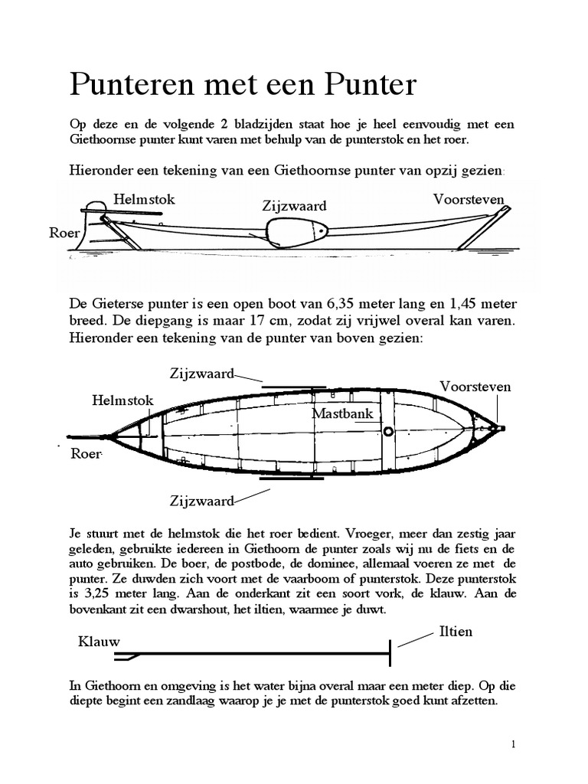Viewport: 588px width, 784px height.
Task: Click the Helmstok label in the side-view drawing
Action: [144, 200]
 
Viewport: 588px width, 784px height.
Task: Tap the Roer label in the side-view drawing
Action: [64, 233]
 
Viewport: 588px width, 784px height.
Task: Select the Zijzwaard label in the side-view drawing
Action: [295, 206]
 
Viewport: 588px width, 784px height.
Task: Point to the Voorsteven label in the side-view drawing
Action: [469, 200]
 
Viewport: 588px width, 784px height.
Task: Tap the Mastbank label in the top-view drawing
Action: [342, 413]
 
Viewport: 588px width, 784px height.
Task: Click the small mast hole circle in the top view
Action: [388, 432]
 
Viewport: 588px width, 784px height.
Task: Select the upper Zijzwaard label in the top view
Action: [201, 373]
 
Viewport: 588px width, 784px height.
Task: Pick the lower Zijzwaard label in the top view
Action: [201, 501]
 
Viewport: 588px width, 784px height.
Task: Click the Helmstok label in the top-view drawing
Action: [122, 400]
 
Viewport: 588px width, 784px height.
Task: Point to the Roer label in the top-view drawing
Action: [86, 453]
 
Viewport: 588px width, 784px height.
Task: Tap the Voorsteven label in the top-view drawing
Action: [475, 387]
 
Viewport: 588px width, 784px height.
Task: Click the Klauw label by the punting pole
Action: [99, 642]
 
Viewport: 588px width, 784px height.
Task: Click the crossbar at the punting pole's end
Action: [391, 653]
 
